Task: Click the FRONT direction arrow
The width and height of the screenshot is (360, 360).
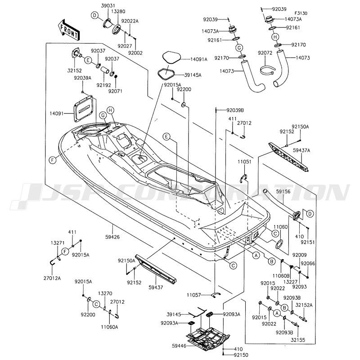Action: [68, 29]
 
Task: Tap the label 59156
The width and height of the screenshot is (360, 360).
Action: [284, 192]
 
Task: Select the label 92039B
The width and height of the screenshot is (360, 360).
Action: [235, 110]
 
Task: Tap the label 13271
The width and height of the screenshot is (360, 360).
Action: [56, 242]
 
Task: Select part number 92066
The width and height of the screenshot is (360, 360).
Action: [308, 263]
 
